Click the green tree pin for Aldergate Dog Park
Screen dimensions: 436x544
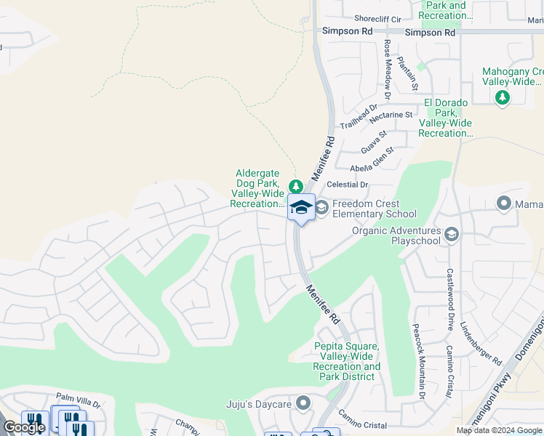(295, 187)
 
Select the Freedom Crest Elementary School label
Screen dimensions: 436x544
(374, 209)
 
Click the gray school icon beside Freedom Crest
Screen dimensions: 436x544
(321, 209)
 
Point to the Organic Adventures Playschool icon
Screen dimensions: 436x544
(451, 234)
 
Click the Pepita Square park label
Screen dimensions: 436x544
(346, 361)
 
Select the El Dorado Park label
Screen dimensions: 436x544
(446, 118)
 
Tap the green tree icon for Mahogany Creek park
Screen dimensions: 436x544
(501, 97)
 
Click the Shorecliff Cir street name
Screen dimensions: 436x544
(377, 19)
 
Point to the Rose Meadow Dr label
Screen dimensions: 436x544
(388, 70)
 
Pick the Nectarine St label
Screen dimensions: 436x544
(391, 116)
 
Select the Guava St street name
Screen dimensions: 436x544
(373, 144)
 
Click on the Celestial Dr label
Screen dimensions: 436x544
(348, 185)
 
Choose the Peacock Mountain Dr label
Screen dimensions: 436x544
(418, 361)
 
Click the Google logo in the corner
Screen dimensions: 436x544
(24, 427)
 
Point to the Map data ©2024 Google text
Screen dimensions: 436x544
(500, 430)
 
